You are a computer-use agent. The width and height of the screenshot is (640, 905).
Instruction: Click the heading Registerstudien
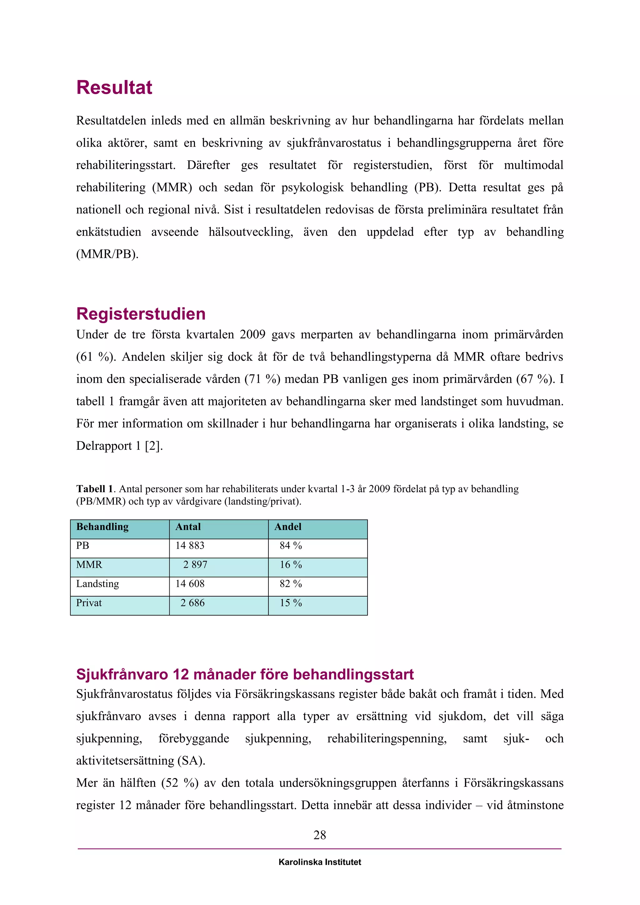[x=141, y=314]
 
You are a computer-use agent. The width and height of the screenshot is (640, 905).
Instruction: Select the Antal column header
[x=188, y=527]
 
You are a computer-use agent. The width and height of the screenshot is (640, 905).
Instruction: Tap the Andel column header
[x=288, y=527]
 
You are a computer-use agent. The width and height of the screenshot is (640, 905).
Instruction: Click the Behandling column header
[x=102, y=527]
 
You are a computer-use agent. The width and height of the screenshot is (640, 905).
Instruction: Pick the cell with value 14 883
[x=190, y=546]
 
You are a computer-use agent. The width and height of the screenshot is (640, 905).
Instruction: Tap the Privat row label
[x=89, y=603]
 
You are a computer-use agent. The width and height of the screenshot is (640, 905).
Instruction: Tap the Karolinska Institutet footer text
[x=320, y=862]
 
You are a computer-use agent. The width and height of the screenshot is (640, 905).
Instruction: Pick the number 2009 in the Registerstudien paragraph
[x=252, y=335]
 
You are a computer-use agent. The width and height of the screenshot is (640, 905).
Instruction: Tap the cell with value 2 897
[x=195, y=565]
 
